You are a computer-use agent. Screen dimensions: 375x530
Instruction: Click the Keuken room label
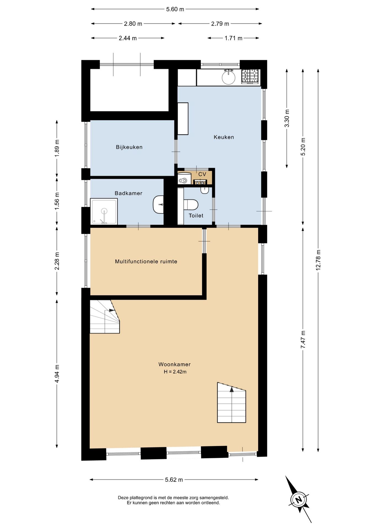[224, 137]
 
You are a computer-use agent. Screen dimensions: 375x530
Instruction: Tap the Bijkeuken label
[129, 147]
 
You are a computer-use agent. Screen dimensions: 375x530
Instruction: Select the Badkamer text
[128, 193]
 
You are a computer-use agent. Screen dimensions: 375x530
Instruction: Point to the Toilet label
[196, 216]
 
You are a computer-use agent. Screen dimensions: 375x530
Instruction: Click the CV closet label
[202, 174]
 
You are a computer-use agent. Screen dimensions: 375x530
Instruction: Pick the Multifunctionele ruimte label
[146, 261]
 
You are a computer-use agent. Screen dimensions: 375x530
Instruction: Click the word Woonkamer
[175, 364]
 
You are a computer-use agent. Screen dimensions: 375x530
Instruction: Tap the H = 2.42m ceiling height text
[175, 372]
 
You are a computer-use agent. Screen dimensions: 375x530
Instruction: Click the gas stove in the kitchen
[250, 76]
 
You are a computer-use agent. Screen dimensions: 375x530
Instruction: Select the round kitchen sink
[229, 77]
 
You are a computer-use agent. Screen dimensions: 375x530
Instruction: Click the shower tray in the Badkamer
[104, 212]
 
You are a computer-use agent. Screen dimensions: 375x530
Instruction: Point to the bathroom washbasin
[159, 205]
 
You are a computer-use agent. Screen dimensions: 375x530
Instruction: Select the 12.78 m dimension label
[318, 260]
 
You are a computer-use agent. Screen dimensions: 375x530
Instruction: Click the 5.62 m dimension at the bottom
[174, 480]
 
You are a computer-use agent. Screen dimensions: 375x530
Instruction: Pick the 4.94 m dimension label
[57, 374]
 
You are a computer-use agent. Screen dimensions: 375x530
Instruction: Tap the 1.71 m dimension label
[233, 38]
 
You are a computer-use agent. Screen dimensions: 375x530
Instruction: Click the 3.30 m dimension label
[287, 118]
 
